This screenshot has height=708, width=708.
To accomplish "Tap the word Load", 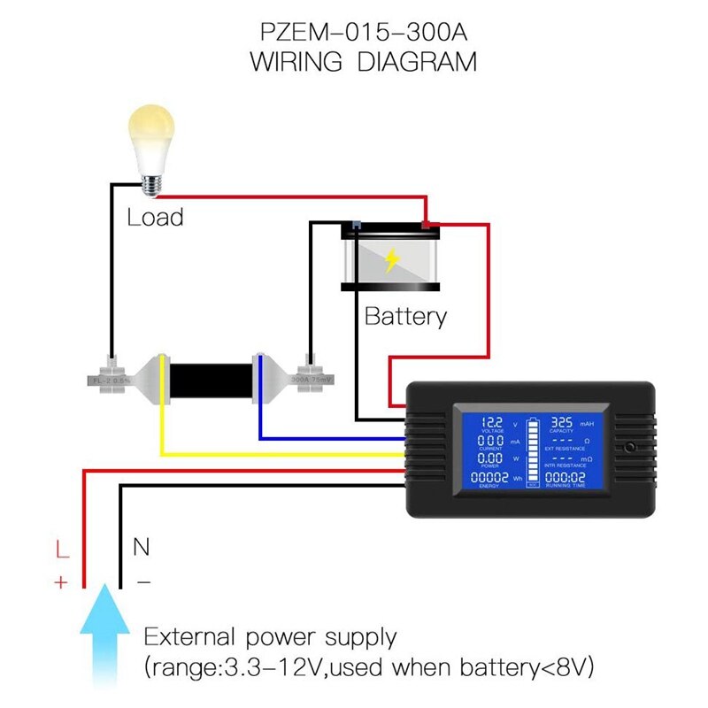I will tap(155, 217).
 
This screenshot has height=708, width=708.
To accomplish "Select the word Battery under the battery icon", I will tap(405, 316).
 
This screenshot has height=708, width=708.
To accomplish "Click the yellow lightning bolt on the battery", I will tap(392, 260).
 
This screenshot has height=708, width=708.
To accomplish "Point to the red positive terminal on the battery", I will tap(430, 227).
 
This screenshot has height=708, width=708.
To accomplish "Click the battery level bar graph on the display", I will tap(531, 452).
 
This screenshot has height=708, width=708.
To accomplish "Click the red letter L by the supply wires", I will tap(61, 550).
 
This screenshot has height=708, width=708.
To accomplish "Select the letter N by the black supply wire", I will tap(141, 547).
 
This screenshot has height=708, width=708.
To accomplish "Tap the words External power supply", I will tap(271, 637).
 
